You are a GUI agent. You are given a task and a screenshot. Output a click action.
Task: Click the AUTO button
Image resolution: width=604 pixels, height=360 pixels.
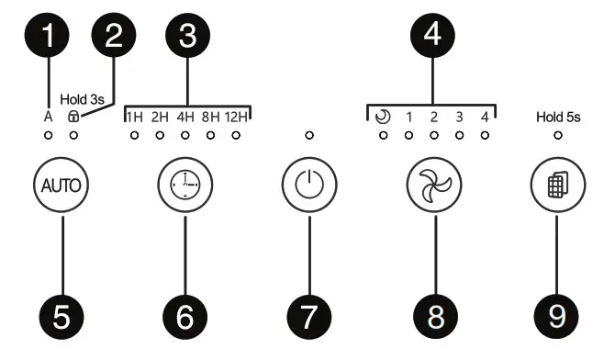pyautogui.click(x=61, y=184)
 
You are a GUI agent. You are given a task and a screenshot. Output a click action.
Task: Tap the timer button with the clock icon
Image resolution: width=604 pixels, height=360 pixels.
pyautogui.click(x=185, y=184)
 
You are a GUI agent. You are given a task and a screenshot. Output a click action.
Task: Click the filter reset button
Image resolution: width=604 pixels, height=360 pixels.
pyautogui.click(x=558, y=184)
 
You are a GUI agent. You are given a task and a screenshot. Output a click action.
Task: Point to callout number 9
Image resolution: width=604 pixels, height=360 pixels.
pyautogui.click(x=558, y=317)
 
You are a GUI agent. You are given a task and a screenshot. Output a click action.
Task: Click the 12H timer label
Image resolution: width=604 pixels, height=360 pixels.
pyautogui.click(x=237, y=117)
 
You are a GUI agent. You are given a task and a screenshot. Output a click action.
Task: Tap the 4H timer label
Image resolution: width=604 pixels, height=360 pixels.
pyautogui.click(x=185, y=117)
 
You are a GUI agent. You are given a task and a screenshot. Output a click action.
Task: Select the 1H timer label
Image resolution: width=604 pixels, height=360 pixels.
pyautogui.click(x=134, y=117)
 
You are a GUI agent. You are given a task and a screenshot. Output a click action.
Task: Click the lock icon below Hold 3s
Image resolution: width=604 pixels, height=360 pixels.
pyautogui.click(x=73, y=117)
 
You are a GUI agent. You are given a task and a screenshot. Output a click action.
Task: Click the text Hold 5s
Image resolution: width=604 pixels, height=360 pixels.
pyautogui.click(x=557, y=117)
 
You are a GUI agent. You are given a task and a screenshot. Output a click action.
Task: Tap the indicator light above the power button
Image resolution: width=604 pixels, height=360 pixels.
pyautogui.click(x=308, y=136)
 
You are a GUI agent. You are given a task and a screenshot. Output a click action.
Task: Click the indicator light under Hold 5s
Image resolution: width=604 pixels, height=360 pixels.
pyautogui.click(x=558, y=136)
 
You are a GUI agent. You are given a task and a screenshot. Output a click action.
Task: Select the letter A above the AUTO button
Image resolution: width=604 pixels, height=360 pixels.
pyautogui.click(x=48, y=117)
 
